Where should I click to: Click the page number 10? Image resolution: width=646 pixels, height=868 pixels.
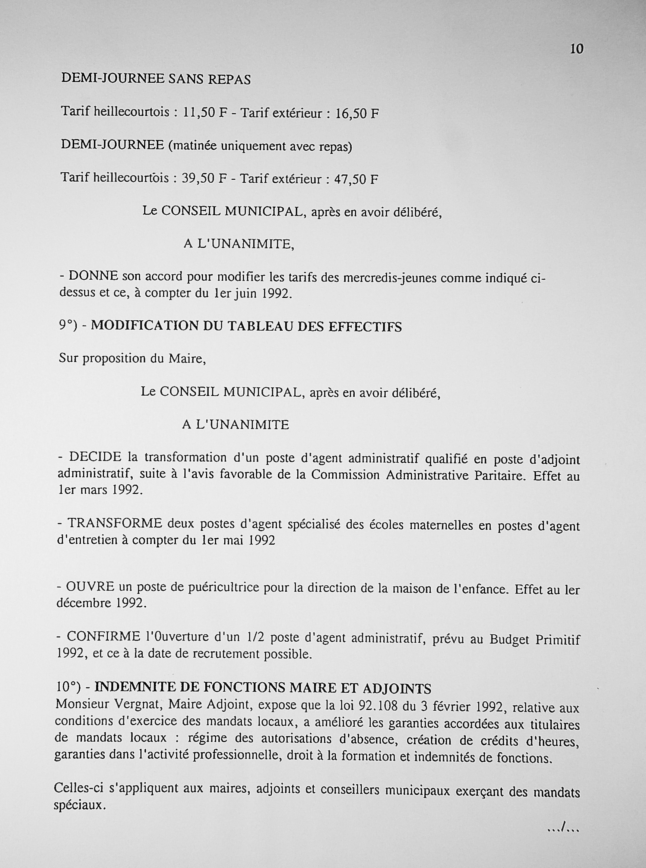tap(577, 49)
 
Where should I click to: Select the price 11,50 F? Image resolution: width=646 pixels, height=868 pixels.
tap(205, 113)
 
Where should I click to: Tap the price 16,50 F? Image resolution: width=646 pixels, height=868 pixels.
tap(357, 114)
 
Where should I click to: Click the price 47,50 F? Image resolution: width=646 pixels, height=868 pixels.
tap(356, 180)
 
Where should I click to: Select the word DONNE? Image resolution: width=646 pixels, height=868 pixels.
tap(94, 276)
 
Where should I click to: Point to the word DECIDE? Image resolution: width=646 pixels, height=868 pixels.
tap(95, 457)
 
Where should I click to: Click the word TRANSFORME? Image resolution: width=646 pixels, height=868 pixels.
tap(115, 523)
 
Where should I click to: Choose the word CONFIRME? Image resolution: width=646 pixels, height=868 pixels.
tap(103, 637)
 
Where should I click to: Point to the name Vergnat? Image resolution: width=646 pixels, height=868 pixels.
tap(136, 704)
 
